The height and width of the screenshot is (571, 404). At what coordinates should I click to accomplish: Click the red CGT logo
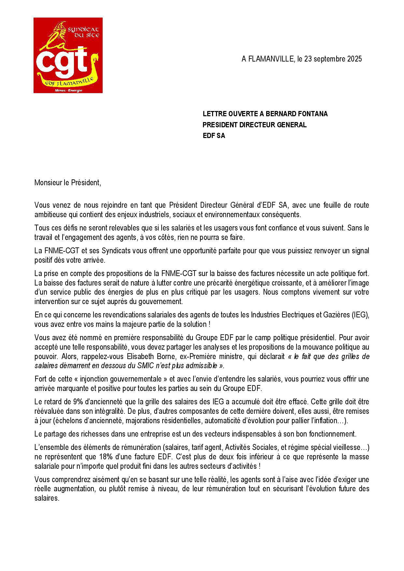[x=68, y=55]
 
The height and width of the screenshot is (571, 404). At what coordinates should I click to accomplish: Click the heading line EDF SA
[x=214, y=136]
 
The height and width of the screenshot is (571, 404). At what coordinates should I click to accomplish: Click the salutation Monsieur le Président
[x=68, y=183]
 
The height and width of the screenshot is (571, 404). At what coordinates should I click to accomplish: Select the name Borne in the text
[x=167, y=356]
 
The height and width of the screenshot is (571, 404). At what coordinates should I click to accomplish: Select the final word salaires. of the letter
[x=47, y=498]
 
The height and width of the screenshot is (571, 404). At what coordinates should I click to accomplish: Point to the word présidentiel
[x=317, y=338]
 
